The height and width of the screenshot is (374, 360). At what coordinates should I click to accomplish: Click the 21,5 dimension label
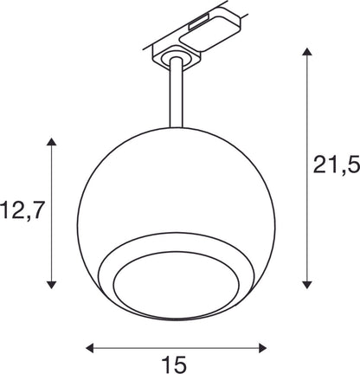337,165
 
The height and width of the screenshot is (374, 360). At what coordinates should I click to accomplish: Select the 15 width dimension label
174,364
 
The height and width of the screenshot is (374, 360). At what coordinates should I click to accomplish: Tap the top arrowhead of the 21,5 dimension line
307,52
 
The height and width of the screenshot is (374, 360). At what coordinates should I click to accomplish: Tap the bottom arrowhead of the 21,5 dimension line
307,285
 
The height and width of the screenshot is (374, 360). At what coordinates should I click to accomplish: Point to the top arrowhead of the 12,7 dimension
51,142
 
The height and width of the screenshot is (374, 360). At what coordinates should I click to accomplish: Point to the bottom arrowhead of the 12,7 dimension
51,285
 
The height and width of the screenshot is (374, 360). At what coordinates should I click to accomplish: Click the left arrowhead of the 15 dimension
90,348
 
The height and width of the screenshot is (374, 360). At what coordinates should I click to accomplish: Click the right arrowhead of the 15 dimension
262,348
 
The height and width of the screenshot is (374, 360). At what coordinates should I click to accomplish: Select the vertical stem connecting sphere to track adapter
176,93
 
